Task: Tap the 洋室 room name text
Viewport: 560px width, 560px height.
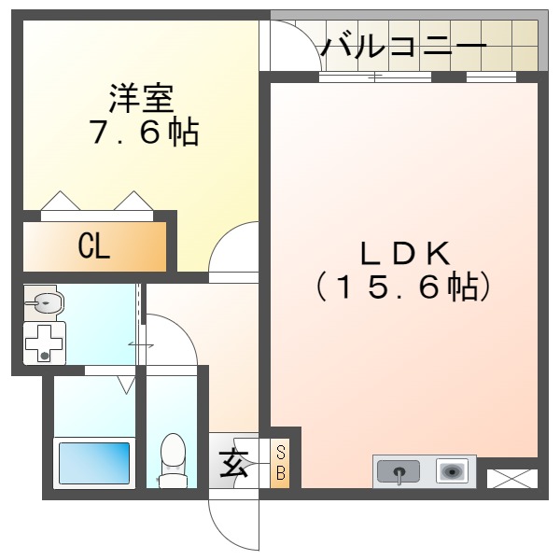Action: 140,96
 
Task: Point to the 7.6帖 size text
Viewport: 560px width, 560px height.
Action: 143,133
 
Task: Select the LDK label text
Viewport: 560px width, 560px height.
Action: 405,252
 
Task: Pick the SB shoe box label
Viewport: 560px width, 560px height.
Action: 280,463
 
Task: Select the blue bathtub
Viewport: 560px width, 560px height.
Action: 95,461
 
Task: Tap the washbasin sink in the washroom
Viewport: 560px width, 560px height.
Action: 45,302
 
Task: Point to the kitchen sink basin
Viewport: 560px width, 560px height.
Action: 399,472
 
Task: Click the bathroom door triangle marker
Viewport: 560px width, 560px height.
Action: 126,384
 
